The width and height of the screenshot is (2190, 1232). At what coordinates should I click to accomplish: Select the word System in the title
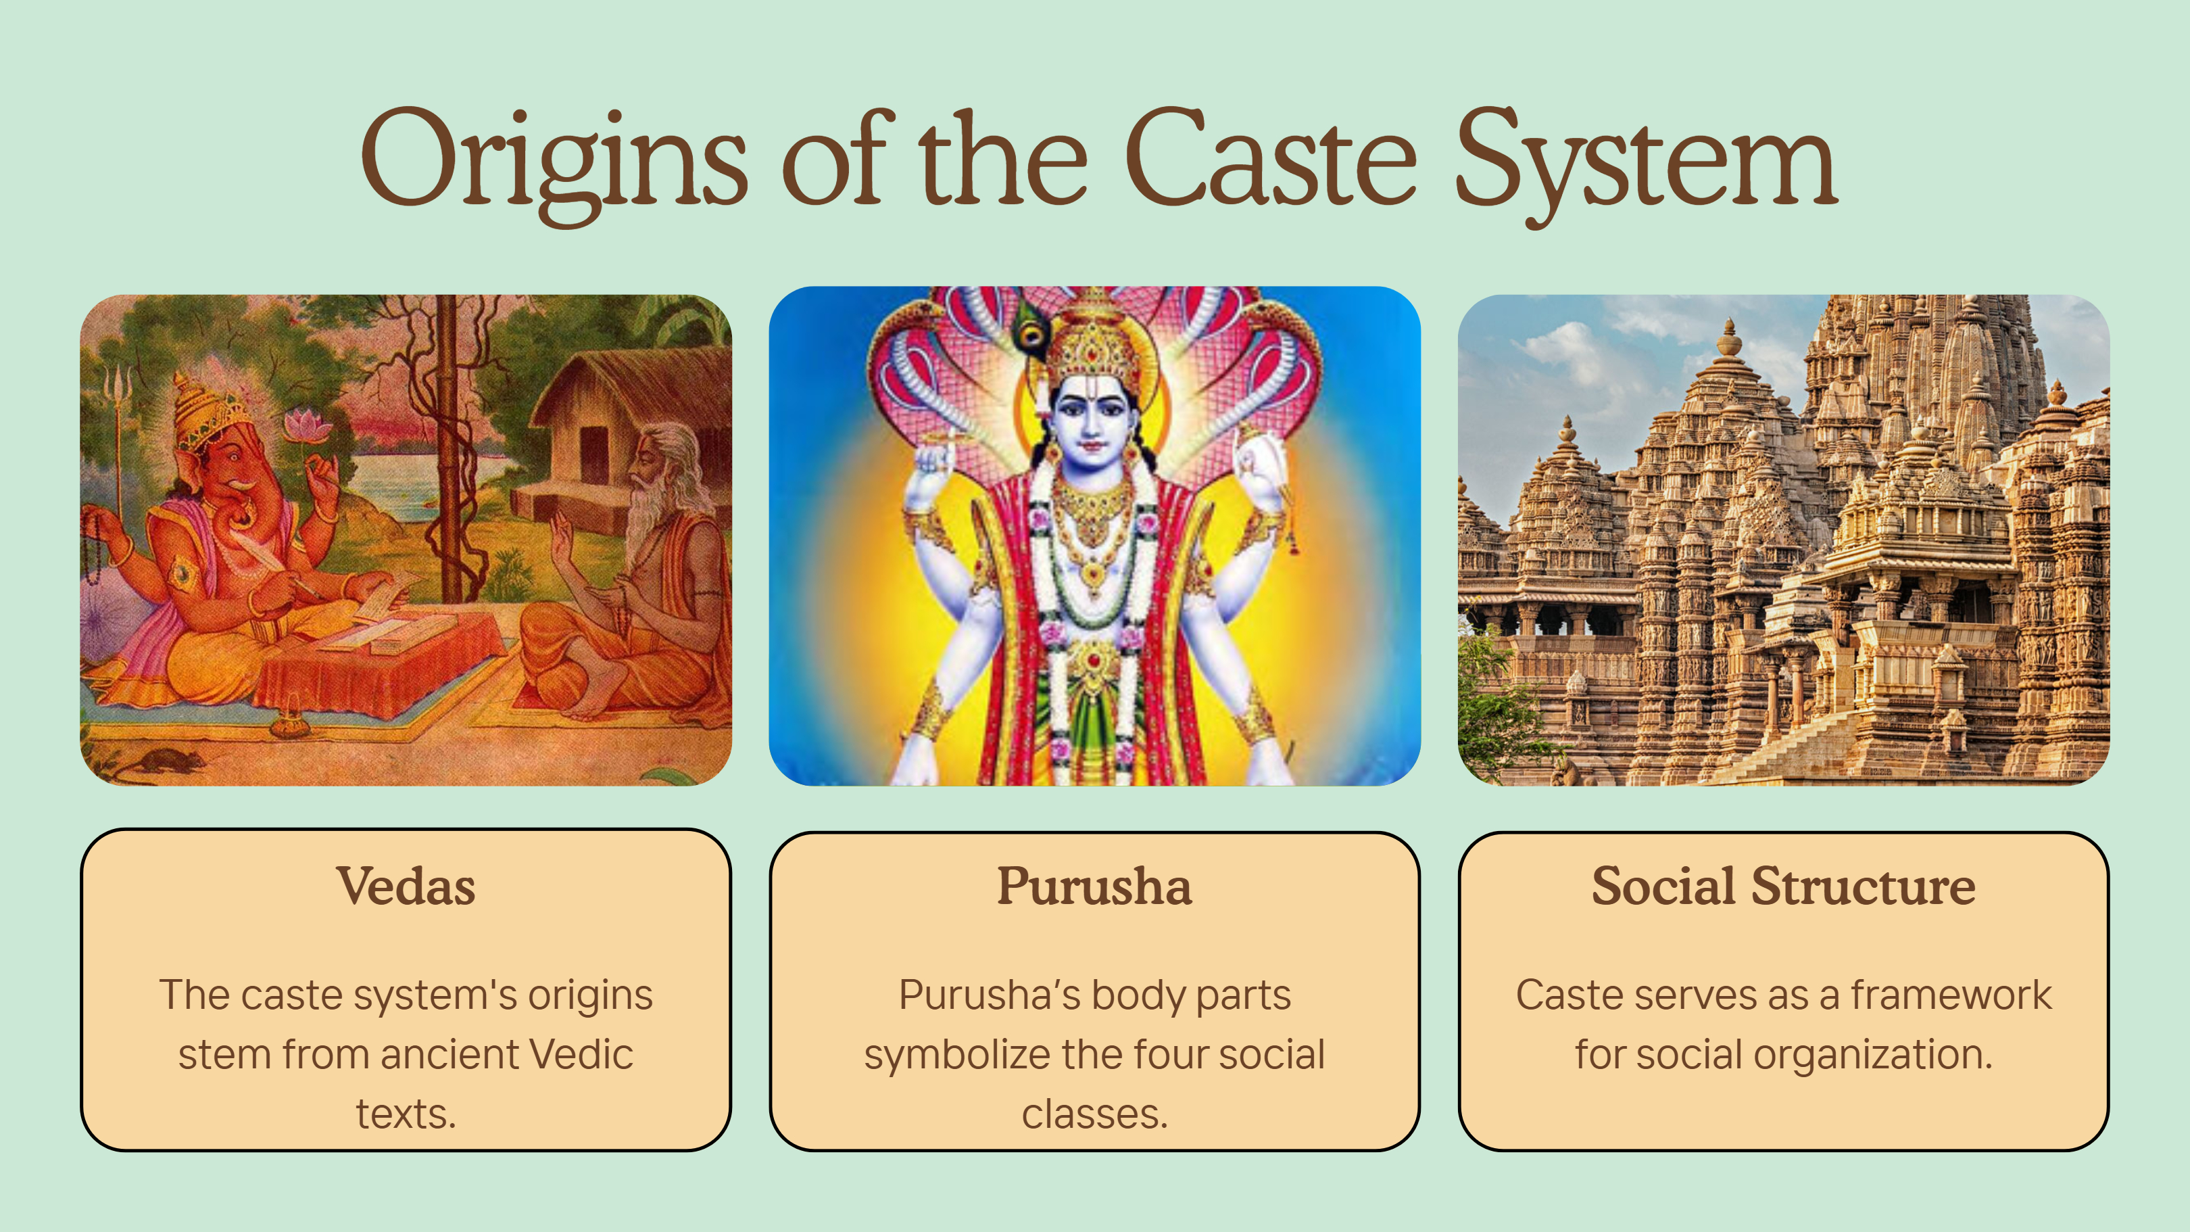click(x=1647, y=166)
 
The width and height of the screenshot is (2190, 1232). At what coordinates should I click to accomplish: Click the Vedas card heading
click(x=406, y=886)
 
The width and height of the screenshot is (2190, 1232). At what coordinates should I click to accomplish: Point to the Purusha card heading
click(x=1094, y=886)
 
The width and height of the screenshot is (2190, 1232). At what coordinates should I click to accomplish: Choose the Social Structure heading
click(x=1784, y=886)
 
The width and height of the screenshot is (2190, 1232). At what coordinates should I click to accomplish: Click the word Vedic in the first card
click(x=581, y=1054)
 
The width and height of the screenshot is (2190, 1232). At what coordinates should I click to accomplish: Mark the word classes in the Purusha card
click(x=1094, y=1114)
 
